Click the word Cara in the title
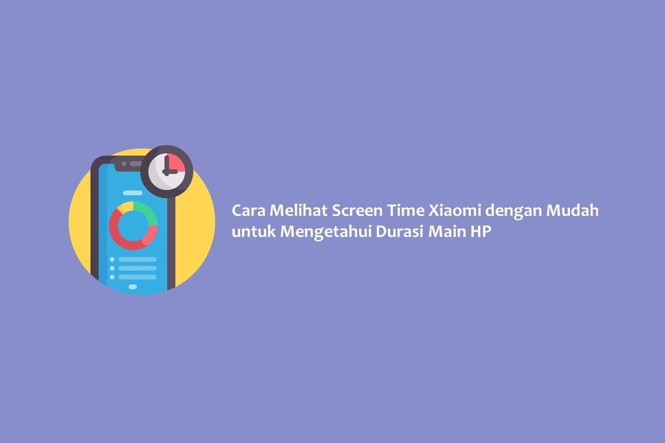248,210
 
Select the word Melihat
298,210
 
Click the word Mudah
573,210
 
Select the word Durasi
399,231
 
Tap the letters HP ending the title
481,231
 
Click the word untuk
254,232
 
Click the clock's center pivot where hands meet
167,172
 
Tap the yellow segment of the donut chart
125,206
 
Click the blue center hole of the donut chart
133,226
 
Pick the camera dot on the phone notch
124,164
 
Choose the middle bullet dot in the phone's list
112,268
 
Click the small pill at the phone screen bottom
133,287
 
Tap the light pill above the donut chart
133,193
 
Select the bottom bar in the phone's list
137,277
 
